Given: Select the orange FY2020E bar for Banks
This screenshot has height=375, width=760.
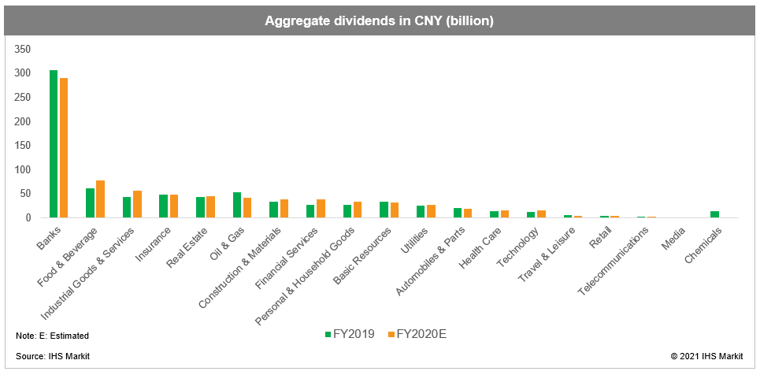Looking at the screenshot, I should coord(63,147).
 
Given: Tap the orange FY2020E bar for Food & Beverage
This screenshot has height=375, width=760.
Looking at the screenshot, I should coord(100,199).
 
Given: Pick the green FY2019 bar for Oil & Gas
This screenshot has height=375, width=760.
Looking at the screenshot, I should coord(237,205).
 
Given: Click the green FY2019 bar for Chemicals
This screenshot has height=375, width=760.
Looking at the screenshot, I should coord(714,214).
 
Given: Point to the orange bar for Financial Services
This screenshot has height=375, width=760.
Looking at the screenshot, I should coord(321,208).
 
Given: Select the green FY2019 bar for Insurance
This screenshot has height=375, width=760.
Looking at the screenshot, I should coord(164,206).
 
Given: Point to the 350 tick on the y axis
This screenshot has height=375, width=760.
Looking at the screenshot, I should coord(23,50).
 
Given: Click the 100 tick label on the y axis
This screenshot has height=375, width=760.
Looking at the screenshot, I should coord(23,169).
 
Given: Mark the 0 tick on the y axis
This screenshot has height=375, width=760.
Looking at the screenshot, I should coord(28,217).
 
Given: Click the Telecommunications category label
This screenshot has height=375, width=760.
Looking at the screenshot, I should coord(614,262).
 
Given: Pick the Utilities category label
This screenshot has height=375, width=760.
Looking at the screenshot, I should coord(416,240).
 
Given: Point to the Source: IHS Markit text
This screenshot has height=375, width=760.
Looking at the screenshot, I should coord(53,357).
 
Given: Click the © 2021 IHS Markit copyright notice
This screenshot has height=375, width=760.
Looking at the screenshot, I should coord(706,357).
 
